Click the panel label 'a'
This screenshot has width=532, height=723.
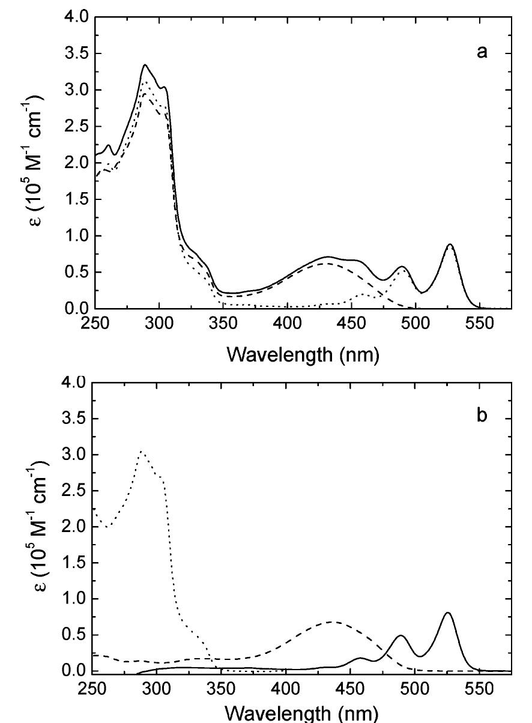pyautogui.click(x=482, y=52)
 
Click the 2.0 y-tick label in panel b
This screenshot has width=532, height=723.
pyautogui.click(x=76, y=527)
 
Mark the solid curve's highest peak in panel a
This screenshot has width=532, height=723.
pyautogui.click(x=145, y=65)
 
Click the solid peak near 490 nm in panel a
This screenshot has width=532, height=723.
pyautogui.click(x=402, y=267)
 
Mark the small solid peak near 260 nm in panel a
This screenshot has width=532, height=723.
pyautogui.click(x=108, y=145)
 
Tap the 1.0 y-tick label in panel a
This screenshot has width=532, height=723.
pyautogui.click(x=76, y=236)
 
